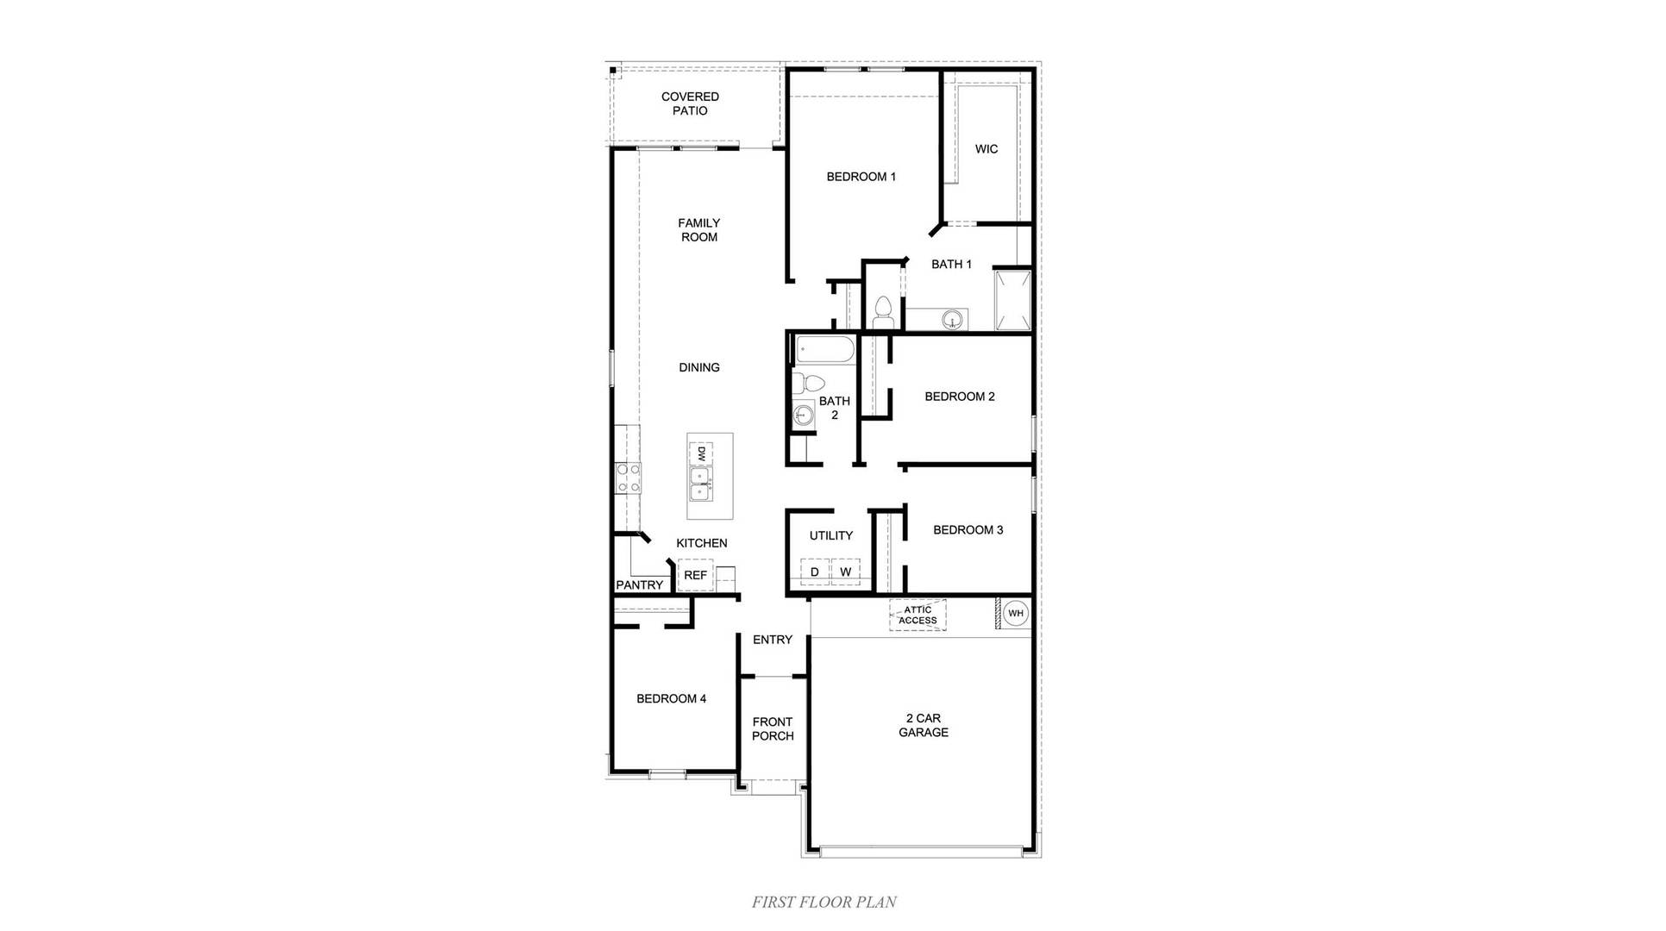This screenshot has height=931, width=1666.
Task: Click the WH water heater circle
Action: [x=1015, y=613]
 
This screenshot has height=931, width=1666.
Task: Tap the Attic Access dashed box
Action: [x=918, y=615]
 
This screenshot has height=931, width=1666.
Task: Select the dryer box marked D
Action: [x=814, y=572]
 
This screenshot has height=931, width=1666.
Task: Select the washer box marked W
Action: [x=845, y=572]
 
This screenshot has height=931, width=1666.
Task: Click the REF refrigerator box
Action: [x=695, y=575]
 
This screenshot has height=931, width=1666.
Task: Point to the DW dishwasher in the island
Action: [x=701, y=453]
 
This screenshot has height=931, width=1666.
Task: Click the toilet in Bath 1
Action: [x=882, y=311]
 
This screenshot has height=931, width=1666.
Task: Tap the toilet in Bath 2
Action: [x=808, y=382]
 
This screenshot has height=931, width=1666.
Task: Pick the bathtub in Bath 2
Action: [x=824, y=350]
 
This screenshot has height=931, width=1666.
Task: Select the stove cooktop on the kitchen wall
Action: [x=628, y=478]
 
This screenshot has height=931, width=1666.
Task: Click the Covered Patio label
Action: [x=690, y=103]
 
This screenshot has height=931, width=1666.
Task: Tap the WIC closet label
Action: [x=986, y=149]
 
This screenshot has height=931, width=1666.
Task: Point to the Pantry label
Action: [x=639, y=584]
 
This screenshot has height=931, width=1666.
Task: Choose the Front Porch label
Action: [x=772, y=728]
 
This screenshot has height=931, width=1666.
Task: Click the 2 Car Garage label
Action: [x=924, y=725]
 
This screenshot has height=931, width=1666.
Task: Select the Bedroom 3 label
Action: [x=968, y=530]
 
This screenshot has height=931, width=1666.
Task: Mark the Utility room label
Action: [x=830, y=535]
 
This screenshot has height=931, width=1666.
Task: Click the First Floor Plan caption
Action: [x=824, y=902]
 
